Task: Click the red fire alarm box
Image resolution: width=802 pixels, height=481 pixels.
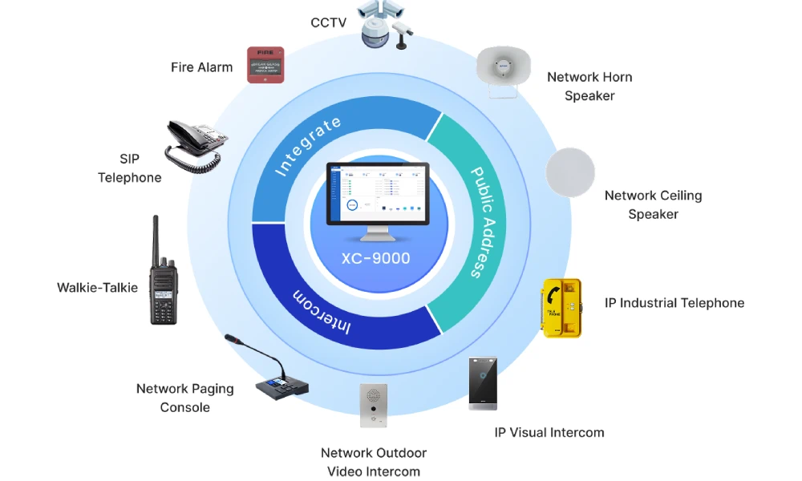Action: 265,65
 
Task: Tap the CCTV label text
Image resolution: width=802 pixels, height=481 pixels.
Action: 328,22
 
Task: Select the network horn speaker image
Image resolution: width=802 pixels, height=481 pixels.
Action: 504,71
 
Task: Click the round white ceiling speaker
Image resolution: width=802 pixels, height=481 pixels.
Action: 570,172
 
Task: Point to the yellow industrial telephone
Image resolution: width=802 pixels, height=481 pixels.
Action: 561,308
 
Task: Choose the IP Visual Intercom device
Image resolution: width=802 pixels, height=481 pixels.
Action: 483,383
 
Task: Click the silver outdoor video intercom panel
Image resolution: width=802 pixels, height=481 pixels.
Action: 374,406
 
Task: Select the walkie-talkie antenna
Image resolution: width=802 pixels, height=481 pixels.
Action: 156,237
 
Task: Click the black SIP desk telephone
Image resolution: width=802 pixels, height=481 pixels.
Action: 196,146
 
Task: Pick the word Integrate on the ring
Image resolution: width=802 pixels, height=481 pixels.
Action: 308,146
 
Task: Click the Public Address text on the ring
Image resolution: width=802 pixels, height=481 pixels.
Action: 484,222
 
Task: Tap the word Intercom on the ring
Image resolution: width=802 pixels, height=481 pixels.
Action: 322,312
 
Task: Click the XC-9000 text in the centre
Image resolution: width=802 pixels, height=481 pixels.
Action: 376,258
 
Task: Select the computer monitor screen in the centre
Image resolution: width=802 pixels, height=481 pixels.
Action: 378,194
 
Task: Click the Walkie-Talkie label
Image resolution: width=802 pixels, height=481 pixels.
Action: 97,288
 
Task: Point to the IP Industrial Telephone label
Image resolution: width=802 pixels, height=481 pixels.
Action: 674,303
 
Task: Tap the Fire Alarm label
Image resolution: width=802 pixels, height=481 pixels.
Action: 201,67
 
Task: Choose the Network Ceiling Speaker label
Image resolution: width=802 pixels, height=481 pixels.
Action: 653,204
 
